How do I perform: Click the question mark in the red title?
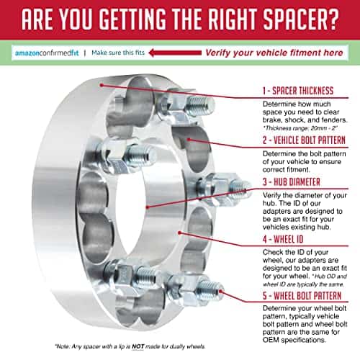[330, 19]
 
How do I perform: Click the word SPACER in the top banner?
[292, 19]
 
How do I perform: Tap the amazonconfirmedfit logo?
[47, 53]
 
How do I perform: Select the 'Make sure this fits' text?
[118, 53]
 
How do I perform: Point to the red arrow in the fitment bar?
[175, 53]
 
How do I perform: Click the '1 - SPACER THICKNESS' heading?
[298, 91]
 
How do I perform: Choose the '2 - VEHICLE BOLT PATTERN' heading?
[304, 140]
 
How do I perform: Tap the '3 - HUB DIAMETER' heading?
[292, 182]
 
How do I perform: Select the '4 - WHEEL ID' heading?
[283, 239]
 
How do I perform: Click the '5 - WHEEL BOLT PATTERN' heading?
[302, 296]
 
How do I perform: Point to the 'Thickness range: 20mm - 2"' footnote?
[300, 128]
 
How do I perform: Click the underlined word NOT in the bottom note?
[138, 346]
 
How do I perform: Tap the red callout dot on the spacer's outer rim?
[102, 85]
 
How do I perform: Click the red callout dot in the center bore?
[148, 207]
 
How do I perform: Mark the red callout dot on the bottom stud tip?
[220, 291]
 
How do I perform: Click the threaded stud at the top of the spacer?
[199, 106]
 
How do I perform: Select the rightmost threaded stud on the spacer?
[239, 187]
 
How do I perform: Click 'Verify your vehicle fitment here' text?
[274, 53]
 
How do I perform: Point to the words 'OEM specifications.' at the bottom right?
[294, 340]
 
